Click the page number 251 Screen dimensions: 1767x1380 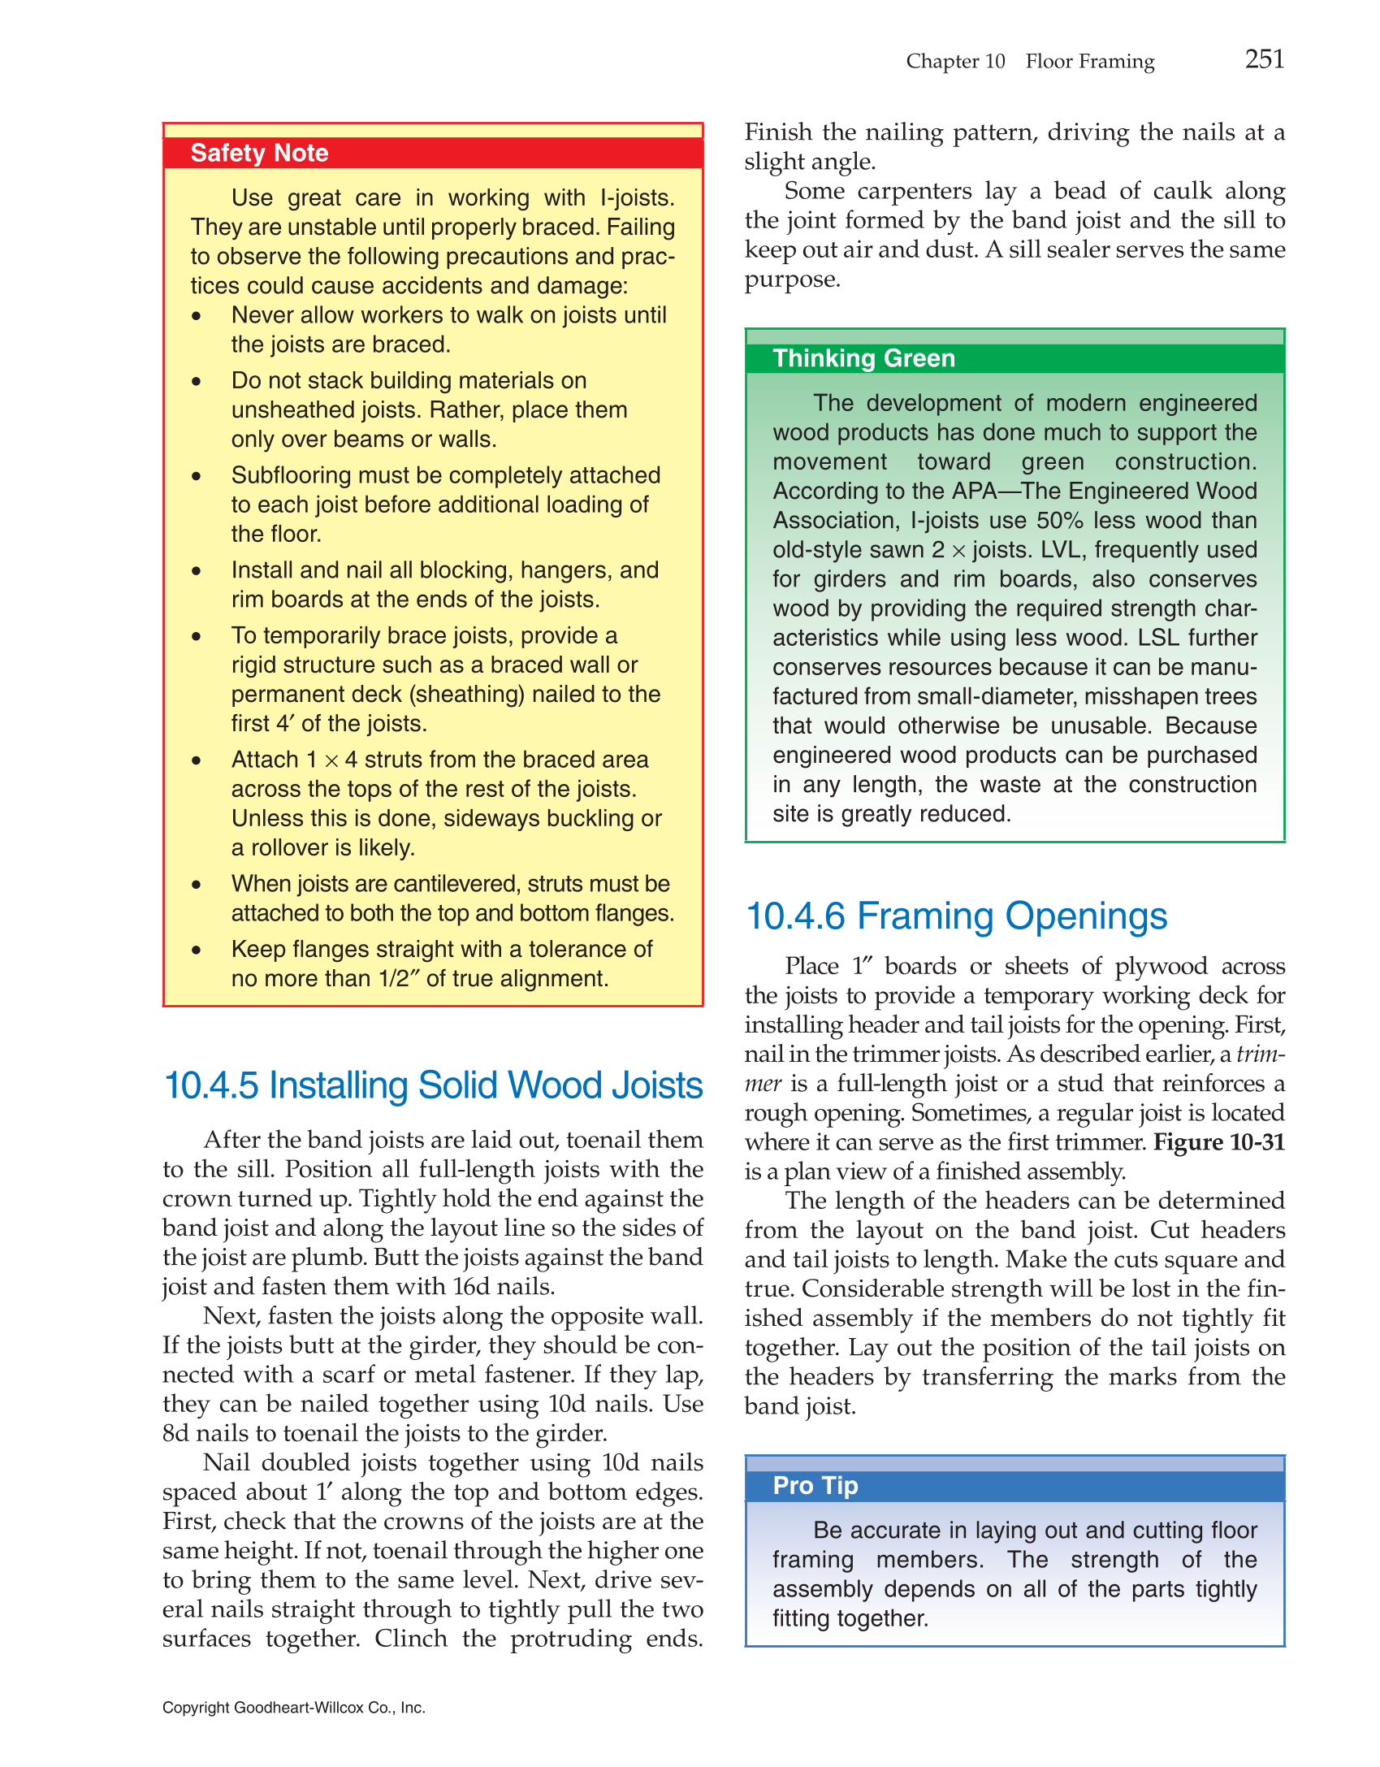coord(1264,59)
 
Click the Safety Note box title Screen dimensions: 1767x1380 coord(259,153)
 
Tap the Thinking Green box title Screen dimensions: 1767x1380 coord(863,358)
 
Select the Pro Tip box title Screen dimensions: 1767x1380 coord(815,1485)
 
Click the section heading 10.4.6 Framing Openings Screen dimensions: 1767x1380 coord(956,916)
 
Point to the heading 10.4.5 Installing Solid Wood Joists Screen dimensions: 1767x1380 coord(433,1085)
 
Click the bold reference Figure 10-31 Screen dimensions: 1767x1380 coord(1218,1142)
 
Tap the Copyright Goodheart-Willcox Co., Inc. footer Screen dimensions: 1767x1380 coord(293,1708)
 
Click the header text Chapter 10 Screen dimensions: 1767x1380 coord(955,62)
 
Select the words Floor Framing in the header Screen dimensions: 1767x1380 coord(1089,62)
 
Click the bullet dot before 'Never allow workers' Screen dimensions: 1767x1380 coord(197,316)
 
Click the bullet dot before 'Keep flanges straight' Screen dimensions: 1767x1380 coord(197,950)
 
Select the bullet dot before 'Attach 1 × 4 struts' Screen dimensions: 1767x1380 coord(197,760)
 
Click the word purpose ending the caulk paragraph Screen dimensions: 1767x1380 coord(791,280)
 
